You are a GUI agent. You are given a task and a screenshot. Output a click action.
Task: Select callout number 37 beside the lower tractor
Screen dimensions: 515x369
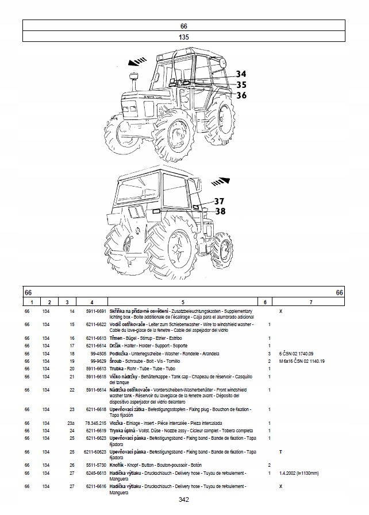(x=220, y=201)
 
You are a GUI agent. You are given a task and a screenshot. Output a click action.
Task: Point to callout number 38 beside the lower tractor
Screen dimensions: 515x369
(x=220, y=211)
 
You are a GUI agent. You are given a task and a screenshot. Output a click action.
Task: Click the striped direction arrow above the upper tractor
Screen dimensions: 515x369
(x=137, y=59)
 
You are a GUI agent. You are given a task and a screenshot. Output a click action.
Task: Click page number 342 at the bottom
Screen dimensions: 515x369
(x=184, y=500)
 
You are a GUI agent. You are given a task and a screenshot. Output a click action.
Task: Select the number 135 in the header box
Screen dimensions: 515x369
(x=184, y=37)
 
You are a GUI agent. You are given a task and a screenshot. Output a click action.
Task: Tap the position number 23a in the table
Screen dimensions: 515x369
(x=72, y=423)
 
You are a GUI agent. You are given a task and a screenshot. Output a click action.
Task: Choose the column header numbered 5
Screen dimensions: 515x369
(x=182, y=302)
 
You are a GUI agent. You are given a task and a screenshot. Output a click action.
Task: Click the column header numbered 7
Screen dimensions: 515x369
(x=310, y=302)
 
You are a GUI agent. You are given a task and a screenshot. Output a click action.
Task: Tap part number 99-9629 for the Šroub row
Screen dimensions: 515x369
(x=95, y=361)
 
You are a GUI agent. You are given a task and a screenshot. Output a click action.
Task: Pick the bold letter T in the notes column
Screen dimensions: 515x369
(x=280, y=452)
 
